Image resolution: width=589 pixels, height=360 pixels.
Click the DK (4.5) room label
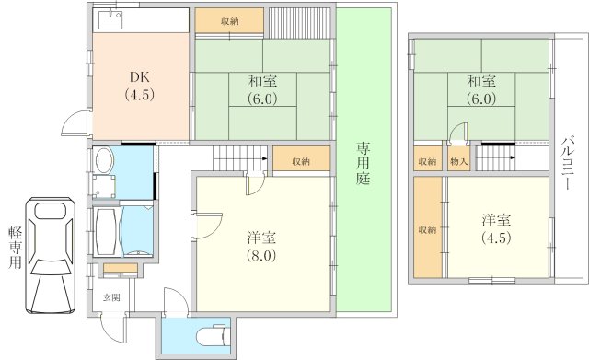point(140,86)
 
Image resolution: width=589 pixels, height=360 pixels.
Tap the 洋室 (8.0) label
point(261,247)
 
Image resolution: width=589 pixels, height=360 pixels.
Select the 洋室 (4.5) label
point(497,229)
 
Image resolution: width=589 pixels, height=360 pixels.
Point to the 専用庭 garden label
point(364,164)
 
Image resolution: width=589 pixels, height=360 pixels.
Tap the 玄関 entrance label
point(112,297)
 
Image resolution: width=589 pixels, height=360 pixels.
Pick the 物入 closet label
point(458,162)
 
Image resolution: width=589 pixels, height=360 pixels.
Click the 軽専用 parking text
point(16,248)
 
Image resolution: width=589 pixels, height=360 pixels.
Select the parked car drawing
point(51,256)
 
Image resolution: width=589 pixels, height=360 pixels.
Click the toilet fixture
point(212,334)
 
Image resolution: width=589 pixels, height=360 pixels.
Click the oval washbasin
point(104,160)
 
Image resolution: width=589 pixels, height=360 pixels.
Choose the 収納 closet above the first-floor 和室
point(229,21)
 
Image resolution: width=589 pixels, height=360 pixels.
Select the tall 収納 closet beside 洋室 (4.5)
point(428,227)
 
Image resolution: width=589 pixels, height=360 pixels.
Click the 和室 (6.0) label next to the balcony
point(481,90)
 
